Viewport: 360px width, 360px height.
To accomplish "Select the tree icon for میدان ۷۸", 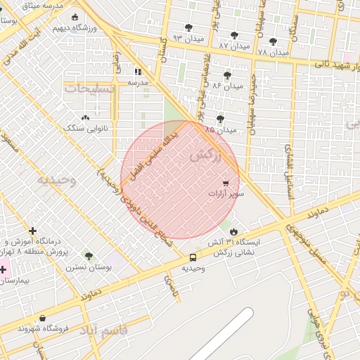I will click(273, 41).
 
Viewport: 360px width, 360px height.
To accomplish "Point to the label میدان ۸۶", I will click(226, 85).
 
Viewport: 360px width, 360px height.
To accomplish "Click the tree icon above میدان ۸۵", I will click(220, 119).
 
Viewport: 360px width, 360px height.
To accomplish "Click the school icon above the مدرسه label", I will click(138, 72).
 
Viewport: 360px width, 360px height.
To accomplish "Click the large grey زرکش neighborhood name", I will click(205, 156).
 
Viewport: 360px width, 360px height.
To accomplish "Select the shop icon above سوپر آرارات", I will click(225, 182).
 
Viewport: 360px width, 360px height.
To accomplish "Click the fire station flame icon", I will click(233, 231).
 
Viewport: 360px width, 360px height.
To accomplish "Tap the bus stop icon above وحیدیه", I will click(193, 257).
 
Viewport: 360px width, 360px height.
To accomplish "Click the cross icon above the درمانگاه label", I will click(32, 231).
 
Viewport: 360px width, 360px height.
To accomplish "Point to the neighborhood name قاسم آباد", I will click(103, 330).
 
